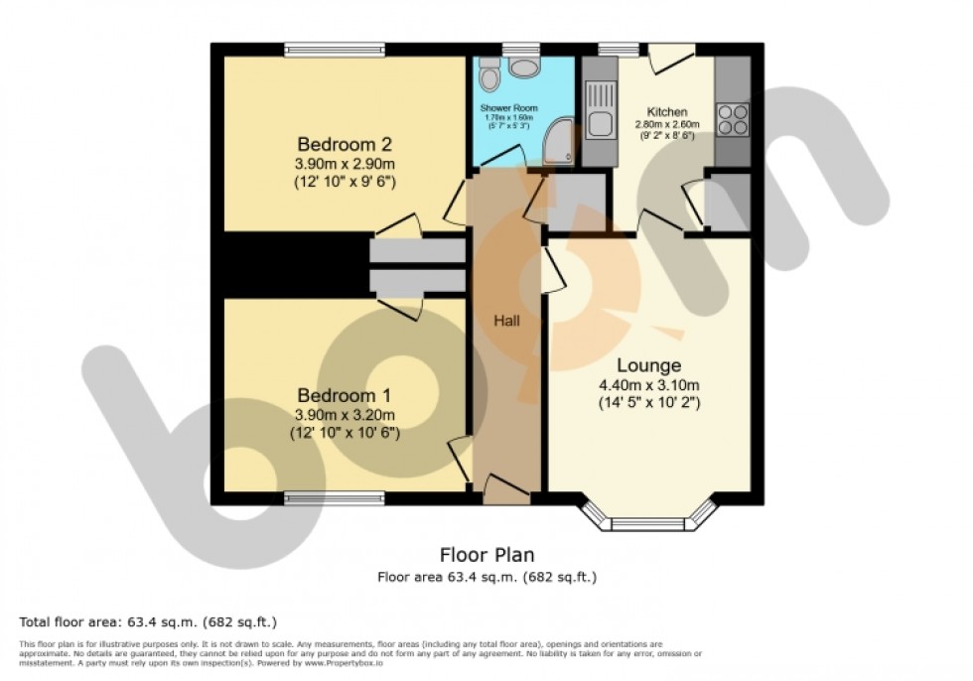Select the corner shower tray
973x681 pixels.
tap(561, 145)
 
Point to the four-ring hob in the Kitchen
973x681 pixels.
tap(733, 118)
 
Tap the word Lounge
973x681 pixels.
tap(647, 364)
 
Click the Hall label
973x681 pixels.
tap(507, 321)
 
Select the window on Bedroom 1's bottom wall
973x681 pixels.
tap(335, 498)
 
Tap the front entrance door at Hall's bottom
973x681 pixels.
tap(507, 488)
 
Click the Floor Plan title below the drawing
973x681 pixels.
tap(486, 555)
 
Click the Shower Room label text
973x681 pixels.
tap(508, 107)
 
